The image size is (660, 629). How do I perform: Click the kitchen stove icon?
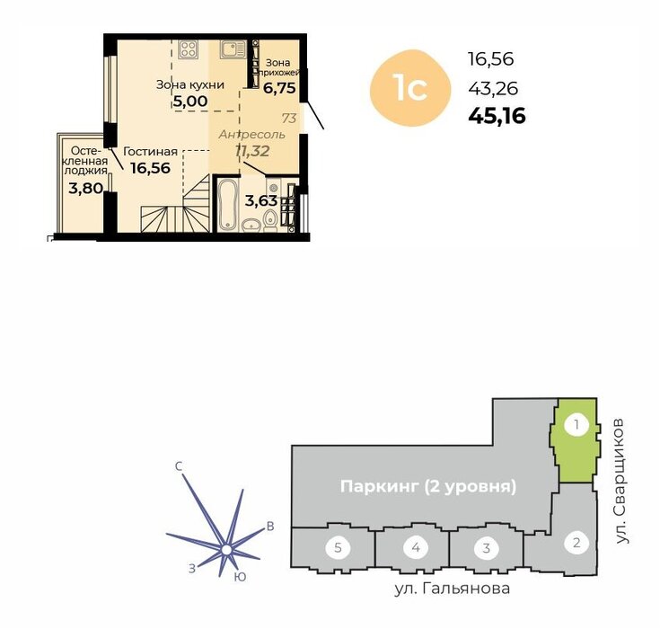[x=188, y=49]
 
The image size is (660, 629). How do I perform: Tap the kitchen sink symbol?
[x=232, y=49]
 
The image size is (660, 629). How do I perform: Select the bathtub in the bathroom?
[x=228, y=205]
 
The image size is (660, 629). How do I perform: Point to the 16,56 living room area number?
[x=150, y=168]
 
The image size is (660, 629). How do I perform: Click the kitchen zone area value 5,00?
[x=190, y=102]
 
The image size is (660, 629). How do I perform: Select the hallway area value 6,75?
[x=279, y=88]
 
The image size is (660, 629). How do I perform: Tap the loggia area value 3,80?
[x=85, y=188]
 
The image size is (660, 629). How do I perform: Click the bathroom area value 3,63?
[x=261, y=201]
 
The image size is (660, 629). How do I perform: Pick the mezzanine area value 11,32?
[x=252, y=150]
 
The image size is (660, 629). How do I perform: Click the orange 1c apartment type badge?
[x=410, y=88]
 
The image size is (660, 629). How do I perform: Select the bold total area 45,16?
[x=497, y=116]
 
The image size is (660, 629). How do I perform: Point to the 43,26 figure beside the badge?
[x=493, y=89]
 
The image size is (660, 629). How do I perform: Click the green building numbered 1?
[x=575, y=439]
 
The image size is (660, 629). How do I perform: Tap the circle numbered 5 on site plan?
[x=338, y=548]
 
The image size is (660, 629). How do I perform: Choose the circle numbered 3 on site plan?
[x=486, y=548]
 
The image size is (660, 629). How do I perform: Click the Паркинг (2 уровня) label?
[x=428, y=487]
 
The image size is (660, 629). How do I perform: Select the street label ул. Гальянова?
[x=452, y=589]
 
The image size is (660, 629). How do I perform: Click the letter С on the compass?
[x=179, y=466]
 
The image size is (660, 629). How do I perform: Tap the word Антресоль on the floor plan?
[x=251, y=135]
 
